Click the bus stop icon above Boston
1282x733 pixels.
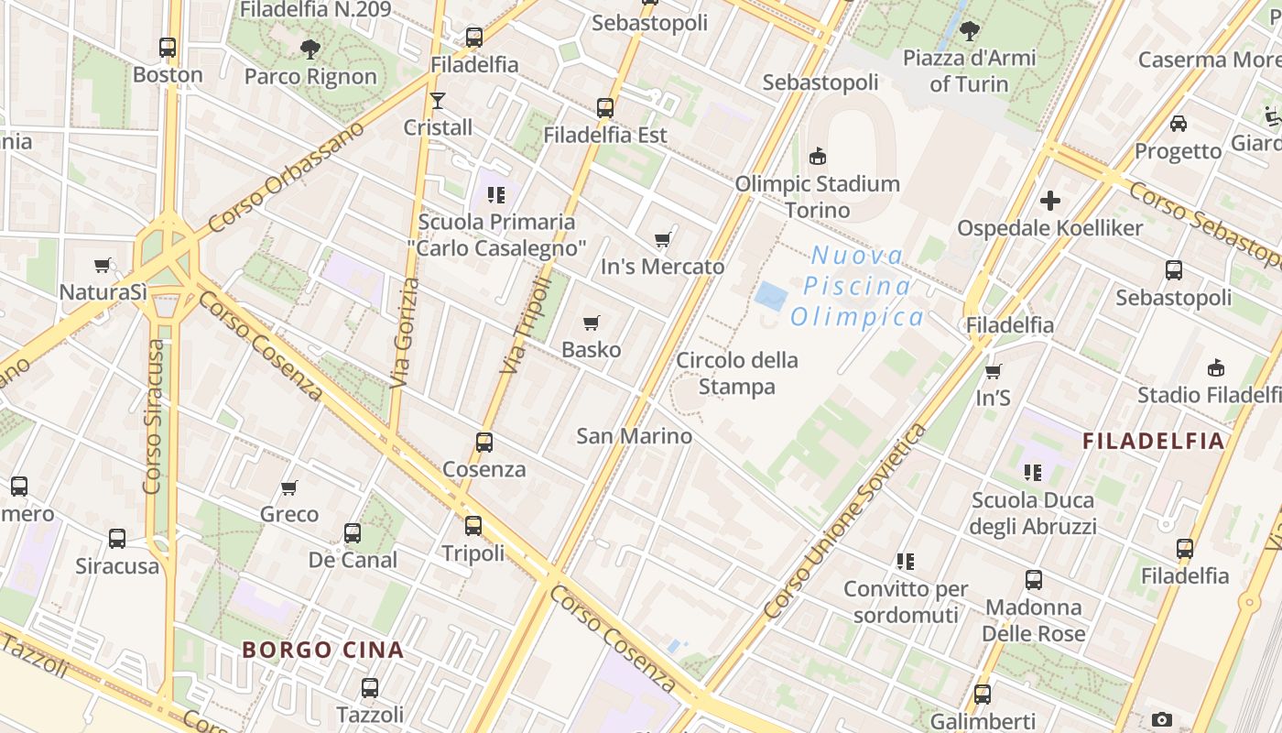168,47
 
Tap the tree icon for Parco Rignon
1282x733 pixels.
310,49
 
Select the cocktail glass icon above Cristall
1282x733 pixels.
438,100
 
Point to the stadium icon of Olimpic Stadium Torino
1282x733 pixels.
818,157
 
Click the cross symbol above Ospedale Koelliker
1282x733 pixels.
1050,200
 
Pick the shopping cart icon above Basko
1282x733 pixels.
592,323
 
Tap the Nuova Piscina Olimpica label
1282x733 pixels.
857,287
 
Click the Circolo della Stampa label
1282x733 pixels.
737,373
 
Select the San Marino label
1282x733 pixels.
634,436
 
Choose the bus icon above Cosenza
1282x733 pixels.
484,443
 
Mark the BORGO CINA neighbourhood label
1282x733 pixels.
322,651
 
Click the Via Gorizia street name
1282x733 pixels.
405,333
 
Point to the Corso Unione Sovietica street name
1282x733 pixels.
843,520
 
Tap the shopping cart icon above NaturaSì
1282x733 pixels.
103,266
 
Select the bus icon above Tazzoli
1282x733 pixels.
370,687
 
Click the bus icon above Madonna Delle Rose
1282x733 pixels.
1034,580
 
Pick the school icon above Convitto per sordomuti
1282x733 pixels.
906,561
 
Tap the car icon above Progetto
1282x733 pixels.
1179,124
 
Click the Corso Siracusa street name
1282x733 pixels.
154,417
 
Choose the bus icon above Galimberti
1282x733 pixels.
983,695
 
